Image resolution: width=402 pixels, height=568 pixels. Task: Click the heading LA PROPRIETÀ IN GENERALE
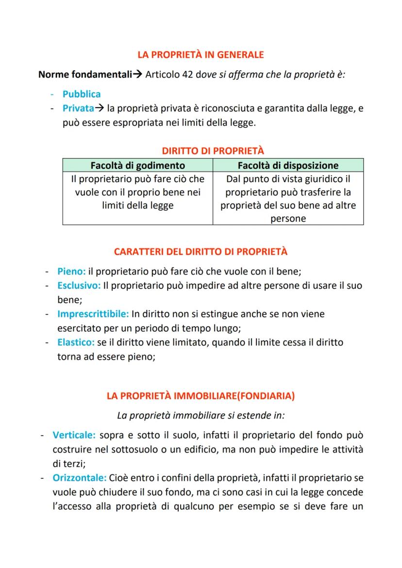coord(201,55)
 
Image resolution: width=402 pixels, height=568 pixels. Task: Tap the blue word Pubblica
coord(82,94)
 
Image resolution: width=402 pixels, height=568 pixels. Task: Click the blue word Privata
coord(78,109)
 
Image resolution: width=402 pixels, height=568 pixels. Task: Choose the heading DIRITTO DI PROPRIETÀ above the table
coord(213,151)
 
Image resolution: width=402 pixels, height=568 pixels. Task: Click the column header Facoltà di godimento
coord(137,165)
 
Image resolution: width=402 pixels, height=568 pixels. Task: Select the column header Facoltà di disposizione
coord(288,165)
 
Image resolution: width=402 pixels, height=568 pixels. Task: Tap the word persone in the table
coord(288,218)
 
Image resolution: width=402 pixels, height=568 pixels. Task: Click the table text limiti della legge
coord(137,205)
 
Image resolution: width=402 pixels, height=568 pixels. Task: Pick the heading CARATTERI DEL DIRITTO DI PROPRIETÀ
coord(201,252)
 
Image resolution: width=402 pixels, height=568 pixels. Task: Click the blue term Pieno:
coord(71,271)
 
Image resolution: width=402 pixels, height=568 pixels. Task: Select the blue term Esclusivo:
coord(79,285)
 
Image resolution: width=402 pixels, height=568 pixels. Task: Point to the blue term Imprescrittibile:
coord(93,314)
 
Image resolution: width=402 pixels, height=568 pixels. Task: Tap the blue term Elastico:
coord(76,342)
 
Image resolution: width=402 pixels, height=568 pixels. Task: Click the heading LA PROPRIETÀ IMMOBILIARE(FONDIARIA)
coord(201,396)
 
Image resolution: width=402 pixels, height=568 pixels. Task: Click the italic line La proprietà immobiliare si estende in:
coord(201,416)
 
